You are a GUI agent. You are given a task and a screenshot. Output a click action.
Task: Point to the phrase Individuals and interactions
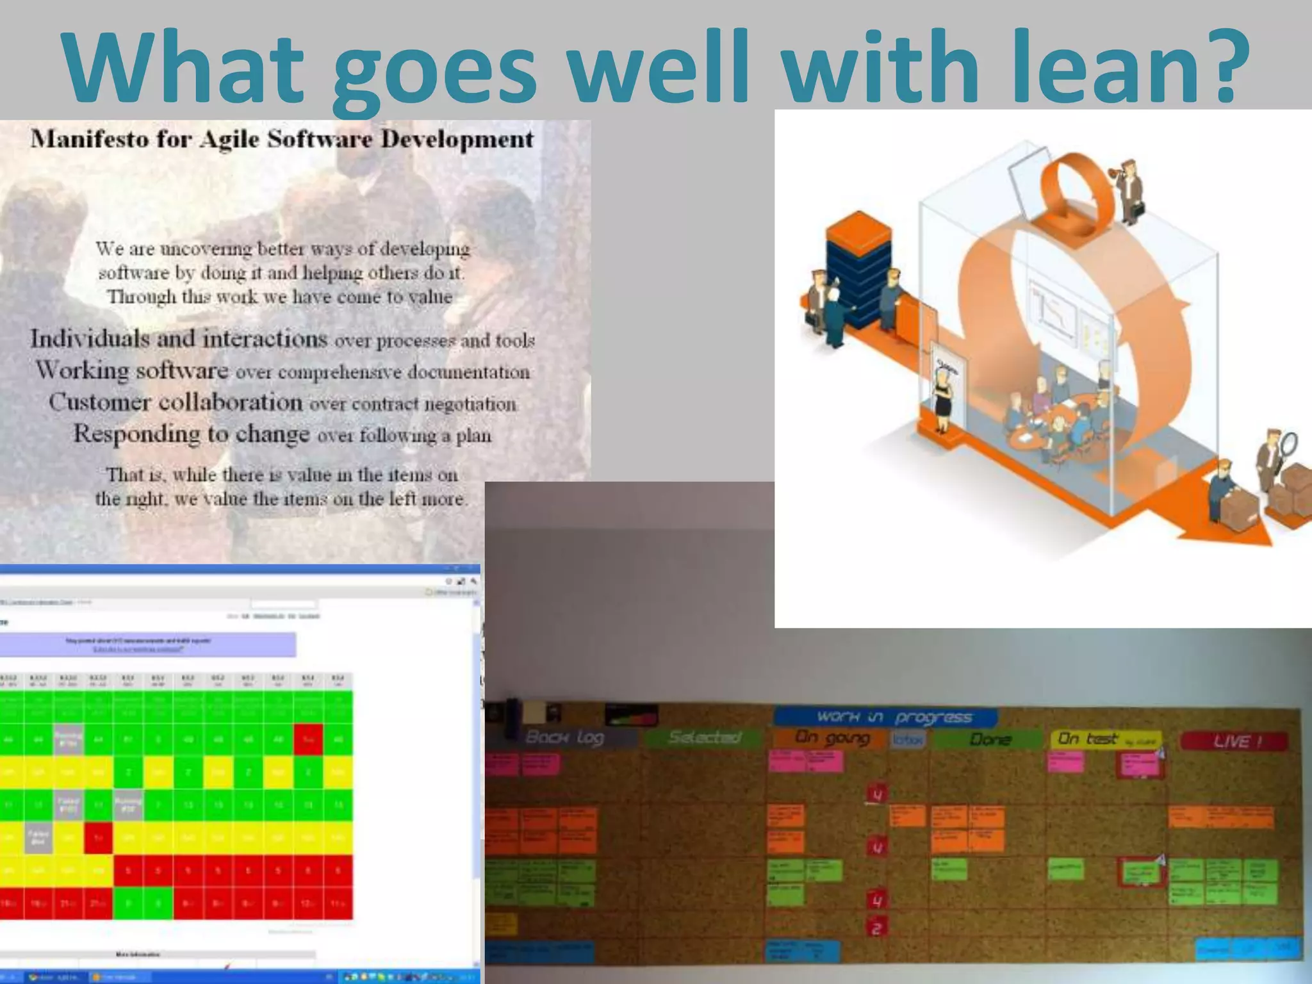pyautogui.click(x=179, y=338)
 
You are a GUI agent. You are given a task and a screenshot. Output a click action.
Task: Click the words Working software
pyautogui.click(x=132, y=370)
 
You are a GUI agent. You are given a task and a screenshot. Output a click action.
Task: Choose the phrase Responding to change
pyautogui.click(x=192, y=434)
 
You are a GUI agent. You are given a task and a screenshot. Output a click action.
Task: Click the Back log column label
pyautogui.click(x=564, y=737)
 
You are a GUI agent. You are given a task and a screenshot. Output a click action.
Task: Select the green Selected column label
pyautogui.click(x=705, y=737)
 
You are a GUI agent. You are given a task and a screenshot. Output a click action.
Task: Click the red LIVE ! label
pyautogui.click(x=1233, y=741)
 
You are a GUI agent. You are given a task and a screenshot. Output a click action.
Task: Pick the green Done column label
pyautogui.click(x=989, y=739)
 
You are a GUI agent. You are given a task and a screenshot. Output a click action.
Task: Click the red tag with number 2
pyautogui.click(x=877, y=928)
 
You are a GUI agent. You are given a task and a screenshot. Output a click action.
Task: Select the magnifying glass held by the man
pyautogui.click(x=1288, y=443)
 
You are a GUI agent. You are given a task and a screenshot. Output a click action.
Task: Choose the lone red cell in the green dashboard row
pyautogui.click(x=308, y=739)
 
